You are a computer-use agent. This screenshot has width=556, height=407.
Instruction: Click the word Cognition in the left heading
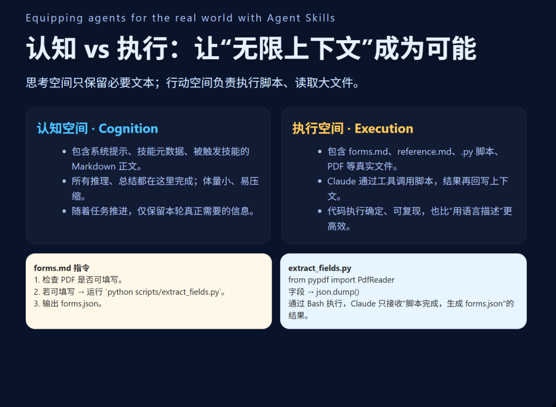[x=128, y=129]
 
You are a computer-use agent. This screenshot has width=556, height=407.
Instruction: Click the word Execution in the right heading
[x=384, y=129]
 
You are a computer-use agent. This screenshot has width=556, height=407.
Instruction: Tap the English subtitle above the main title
[x=180, y=19]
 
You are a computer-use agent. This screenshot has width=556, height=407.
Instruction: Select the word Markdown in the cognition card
[x=94, y=166]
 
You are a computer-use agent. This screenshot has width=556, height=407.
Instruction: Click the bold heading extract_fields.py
[x=320, y=269]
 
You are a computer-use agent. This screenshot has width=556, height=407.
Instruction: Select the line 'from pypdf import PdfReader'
[x=341, y=280]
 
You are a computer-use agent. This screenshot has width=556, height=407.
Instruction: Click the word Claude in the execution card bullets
[x=341, y=181]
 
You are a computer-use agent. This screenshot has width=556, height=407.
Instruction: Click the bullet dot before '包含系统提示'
[x=64, y=152]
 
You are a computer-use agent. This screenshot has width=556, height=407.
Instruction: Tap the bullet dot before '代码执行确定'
[x=320, y=211]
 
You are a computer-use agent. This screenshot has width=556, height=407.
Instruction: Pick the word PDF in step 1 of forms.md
[x=68, y=280]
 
